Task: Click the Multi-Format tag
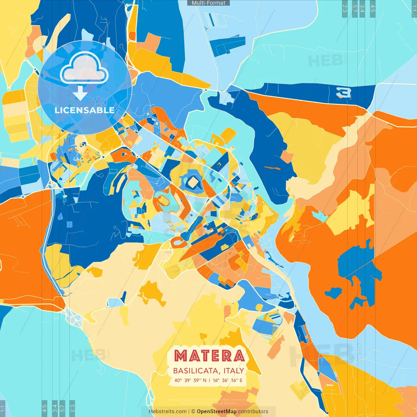coord(208,3)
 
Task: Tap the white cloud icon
coord(84,68)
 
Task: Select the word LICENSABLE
coord(85,110)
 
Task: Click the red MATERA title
coord(209,356)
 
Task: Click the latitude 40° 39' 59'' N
coord(190,380)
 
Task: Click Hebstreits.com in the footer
coord(167,411)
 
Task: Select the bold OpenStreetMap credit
coord(217,411)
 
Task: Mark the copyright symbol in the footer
coord(193,411)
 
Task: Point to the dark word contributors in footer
coord(253,411)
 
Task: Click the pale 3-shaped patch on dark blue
coord(344,93)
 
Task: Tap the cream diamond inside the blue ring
coord(193,182)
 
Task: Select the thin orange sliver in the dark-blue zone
coord(272,168)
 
